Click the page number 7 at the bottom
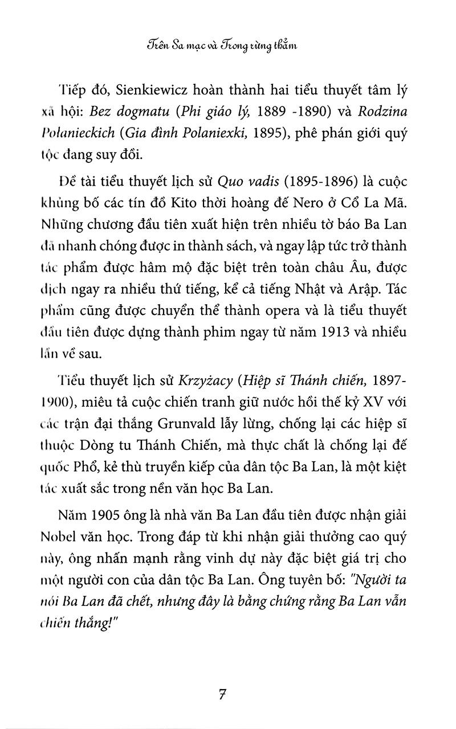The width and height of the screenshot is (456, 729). pos(223,694)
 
